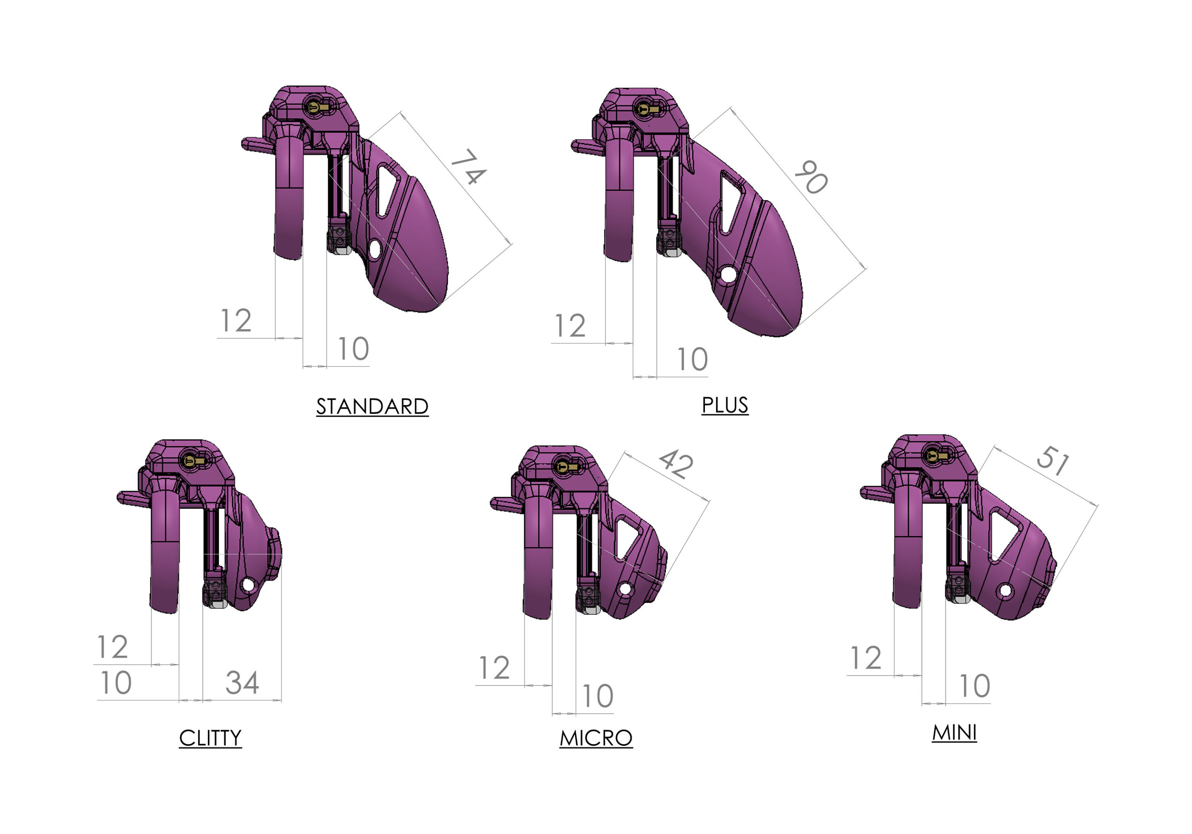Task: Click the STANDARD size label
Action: pyautogui.click(x=372, y=406)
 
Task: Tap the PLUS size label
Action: pyautogui.click(x=725, y=405)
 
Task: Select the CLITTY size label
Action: pyautogui.click(x=210, y=738)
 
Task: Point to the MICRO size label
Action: pyautogui.click(x=596, y=738)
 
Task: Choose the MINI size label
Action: pyautogui.click(x=954, y=733)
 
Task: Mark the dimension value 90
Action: pyautogui.click(x=811, y=177)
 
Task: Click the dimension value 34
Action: pyautogui.click(x=242, y=683)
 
